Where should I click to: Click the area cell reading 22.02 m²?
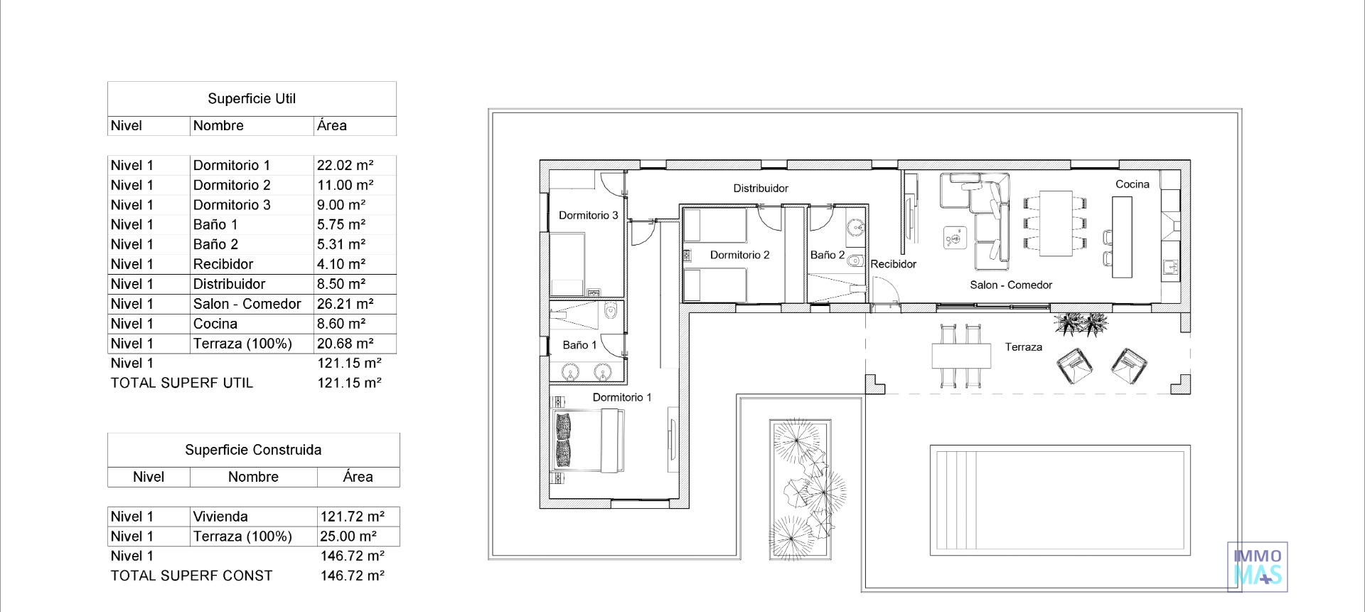tap(346, 165)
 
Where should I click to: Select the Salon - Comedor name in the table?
tap(247, 304)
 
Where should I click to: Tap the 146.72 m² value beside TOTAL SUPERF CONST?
tap(352, 576)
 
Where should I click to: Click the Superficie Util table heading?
tap(252, 99)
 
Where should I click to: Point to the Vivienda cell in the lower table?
tap(220, 517)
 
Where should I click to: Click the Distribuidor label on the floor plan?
tap(761, 189)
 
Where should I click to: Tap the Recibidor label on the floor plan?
tap(894, 264)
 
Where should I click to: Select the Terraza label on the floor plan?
tap(1023, 347)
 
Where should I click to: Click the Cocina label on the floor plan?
tap(1132, 184)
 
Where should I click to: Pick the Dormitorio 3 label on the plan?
tap(588, 216)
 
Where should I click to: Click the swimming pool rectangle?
tap(1059, 500)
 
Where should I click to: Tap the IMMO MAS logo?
tap(1258, 567)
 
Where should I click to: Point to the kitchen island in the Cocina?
tap(1122, 237)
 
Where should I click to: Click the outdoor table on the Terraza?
tap(961, 356)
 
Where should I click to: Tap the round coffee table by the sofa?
tap(953, 238)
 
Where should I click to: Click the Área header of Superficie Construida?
tap(358, 477)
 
